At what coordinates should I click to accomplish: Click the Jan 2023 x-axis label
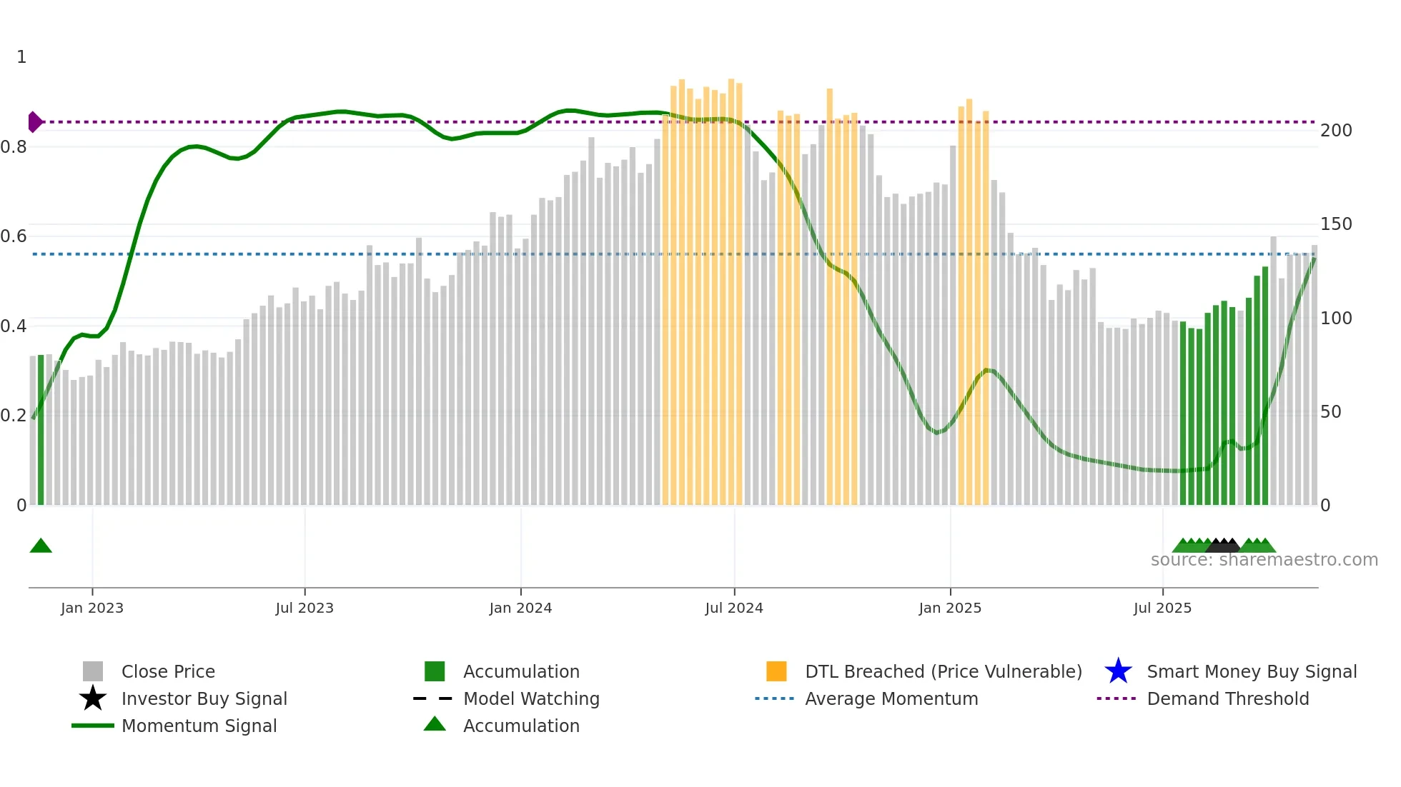coord(91,608)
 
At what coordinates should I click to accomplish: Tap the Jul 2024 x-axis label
coord(733,608)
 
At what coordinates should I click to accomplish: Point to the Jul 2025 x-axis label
coord(1162,608)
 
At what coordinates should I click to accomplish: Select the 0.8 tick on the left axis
coord(14,147)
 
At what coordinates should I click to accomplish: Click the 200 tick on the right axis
coord(1335,131)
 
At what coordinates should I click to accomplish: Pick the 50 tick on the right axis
coord(1330,412)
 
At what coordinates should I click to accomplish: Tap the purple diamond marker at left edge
coord(34,122)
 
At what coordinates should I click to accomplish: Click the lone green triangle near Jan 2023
coord(41,546)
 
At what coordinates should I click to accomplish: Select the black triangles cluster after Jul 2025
coord(1223,546)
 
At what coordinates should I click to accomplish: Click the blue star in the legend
coord(1118,671)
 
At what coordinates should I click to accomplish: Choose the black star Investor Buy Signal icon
coord(93,698)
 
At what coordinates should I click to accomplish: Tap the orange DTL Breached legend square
coord(776,671)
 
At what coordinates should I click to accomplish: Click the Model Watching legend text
coord(531,698)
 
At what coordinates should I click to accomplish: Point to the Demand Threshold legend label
coord(1227,698)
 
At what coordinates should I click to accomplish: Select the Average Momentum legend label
coord(891,698)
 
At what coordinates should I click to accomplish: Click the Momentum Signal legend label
coord(199,726)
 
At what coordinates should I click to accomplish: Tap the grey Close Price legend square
coord(93,671)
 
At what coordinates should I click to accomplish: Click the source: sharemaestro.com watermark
coord(1264,560)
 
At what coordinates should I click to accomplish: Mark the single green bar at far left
coord(41,430)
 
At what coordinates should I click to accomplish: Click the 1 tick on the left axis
coord(21,57)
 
